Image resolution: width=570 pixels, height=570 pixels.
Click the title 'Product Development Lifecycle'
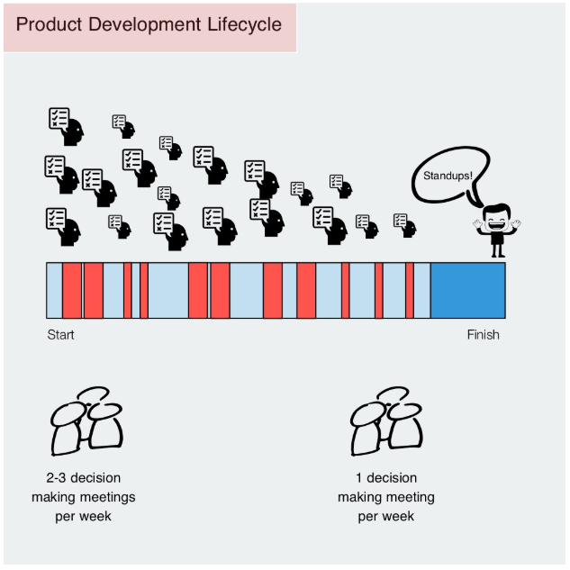point(149,23)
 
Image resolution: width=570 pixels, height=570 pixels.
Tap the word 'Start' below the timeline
point(60,335)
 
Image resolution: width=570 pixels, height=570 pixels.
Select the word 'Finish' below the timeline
point(483,335)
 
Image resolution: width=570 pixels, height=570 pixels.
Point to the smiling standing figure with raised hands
point(496,231)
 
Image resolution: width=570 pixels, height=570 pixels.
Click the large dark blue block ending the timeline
point(467,290)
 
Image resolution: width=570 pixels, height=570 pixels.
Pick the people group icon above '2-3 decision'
point(86,421)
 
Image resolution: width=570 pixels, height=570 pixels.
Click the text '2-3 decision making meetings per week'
point(84,497)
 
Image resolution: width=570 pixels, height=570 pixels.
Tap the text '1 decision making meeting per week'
point(385,497)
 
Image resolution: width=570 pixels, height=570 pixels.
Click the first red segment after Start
point(72,290)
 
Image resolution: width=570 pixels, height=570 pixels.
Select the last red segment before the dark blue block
point(410,290)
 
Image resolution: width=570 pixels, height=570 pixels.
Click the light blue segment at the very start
point(54,290)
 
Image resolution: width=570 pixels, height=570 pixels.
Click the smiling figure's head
point(496,217)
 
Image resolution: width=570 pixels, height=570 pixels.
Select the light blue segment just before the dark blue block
point(422,290)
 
